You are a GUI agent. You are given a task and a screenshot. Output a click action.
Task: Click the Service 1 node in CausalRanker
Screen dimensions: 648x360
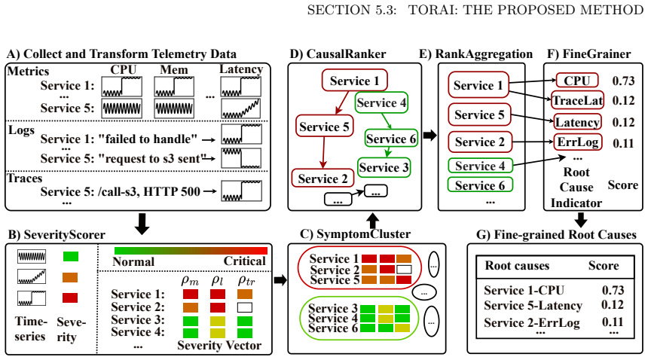click(x=355, y=80)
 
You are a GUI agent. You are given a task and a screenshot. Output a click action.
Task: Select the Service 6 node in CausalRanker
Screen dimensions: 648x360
click(x=391, y=139)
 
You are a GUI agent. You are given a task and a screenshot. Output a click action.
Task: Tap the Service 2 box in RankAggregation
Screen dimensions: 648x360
click(x=480, y=142)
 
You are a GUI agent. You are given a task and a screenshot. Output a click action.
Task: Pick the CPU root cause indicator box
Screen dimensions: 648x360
click(x=577, y=81)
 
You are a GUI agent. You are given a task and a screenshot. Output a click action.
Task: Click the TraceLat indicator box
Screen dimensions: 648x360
click(x=577, y=100)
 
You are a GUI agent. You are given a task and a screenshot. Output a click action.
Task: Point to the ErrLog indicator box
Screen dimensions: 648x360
click(x=577, y=142)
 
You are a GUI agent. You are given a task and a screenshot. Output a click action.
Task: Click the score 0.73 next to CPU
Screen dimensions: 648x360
click(x=623, y=81)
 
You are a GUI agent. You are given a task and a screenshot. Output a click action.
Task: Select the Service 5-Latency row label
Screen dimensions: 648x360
click(x=533, y=306)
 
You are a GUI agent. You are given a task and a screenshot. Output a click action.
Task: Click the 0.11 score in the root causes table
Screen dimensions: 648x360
click(x=613, y=322)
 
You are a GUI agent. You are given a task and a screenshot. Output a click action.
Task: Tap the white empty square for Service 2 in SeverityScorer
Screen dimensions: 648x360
click(x=245, y=307)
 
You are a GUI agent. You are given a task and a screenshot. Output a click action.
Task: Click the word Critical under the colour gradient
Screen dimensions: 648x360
click(x=245, y=261)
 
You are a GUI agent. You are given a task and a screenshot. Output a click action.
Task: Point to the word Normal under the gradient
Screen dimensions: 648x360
click(x=133, y=261)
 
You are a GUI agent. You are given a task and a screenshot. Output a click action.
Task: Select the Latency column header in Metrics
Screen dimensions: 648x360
click(x=241, y=69)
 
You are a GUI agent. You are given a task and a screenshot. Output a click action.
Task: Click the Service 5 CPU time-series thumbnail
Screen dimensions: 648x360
click(x=122, y=108)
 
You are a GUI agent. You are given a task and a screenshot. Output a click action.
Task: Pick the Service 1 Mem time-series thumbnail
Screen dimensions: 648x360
click(x=174, y=87)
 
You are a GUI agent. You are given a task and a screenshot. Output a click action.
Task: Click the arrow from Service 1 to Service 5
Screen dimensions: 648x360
click(x=343, y=102)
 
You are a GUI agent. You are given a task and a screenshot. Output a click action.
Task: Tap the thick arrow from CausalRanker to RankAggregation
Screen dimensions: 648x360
click(x=429, y=135)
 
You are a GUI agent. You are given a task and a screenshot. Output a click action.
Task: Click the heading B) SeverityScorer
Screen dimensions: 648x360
click(x=57, y=234)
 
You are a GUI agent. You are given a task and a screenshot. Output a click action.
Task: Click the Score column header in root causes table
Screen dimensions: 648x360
click(x=604, y=265)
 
